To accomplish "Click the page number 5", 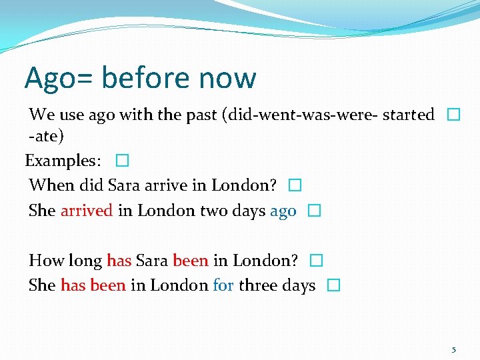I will (454, 349).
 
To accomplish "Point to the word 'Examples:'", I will (63, 161).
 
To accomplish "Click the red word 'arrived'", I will (87, 211).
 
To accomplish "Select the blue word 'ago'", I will (283, 211).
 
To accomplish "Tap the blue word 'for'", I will (223, 285).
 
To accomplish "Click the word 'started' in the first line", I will (409, 115).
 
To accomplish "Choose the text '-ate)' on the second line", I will (46, 136).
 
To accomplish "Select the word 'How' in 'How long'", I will (45, 260).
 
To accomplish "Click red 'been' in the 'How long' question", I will (191, 260).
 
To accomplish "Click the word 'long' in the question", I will (85, 261).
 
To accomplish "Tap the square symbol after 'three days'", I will (334, 285).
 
